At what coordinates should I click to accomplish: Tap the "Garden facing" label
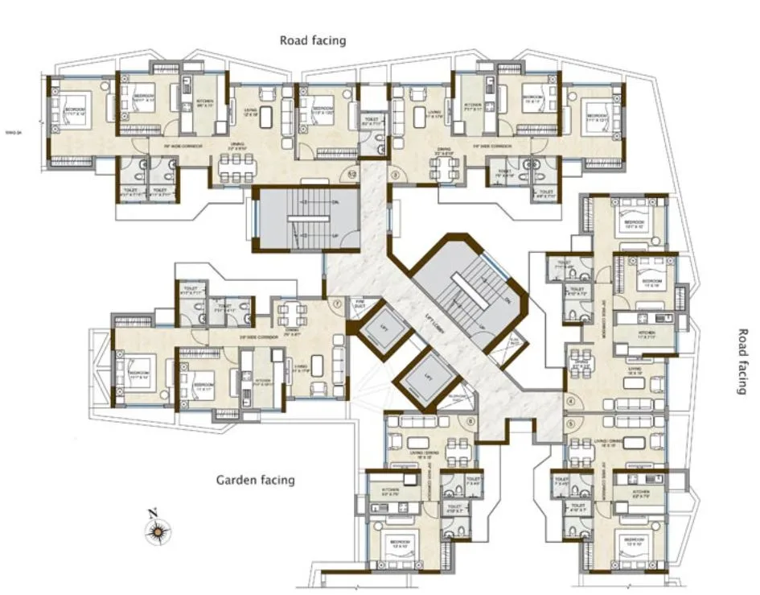tap(255, 480)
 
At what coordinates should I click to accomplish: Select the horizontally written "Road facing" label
tap(313, 39)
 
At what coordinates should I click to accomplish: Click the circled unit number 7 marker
tap(335, 304)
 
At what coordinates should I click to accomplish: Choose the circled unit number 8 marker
tap(470, 422)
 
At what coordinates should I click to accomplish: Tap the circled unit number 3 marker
tap(394, 173)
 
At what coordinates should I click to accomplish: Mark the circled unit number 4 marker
tap(570, 401)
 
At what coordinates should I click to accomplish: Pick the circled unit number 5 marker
tap(570, 422)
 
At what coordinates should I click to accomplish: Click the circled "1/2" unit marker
tap(351, 173)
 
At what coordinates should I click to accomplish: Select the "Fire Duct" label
tap(359, 304)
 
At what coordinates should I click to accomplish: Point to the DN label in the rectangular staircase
tap(334, 202)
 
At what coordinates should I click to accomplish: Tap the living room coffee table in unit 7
tap(318, 365)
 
